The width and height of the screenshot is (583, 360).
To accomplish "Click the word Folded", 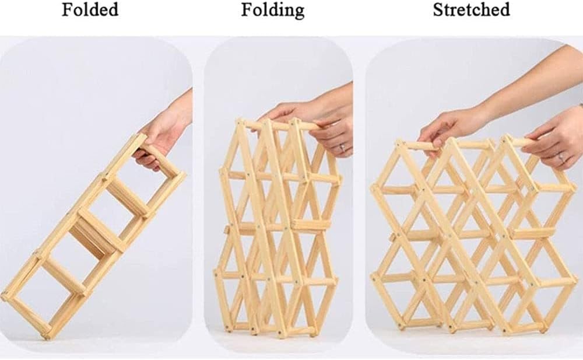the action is point(90,10).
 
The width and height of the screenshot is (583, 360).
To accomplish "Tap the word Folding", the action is point(272,11).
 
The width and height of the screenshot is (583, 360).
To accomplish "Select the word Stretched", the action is point(471,10).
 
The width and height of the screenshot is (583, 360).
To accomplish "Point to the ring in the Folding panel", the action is point(342,148).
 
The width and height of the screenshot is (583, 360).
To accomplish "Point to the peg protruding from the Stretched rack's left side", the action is point(392,237).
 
